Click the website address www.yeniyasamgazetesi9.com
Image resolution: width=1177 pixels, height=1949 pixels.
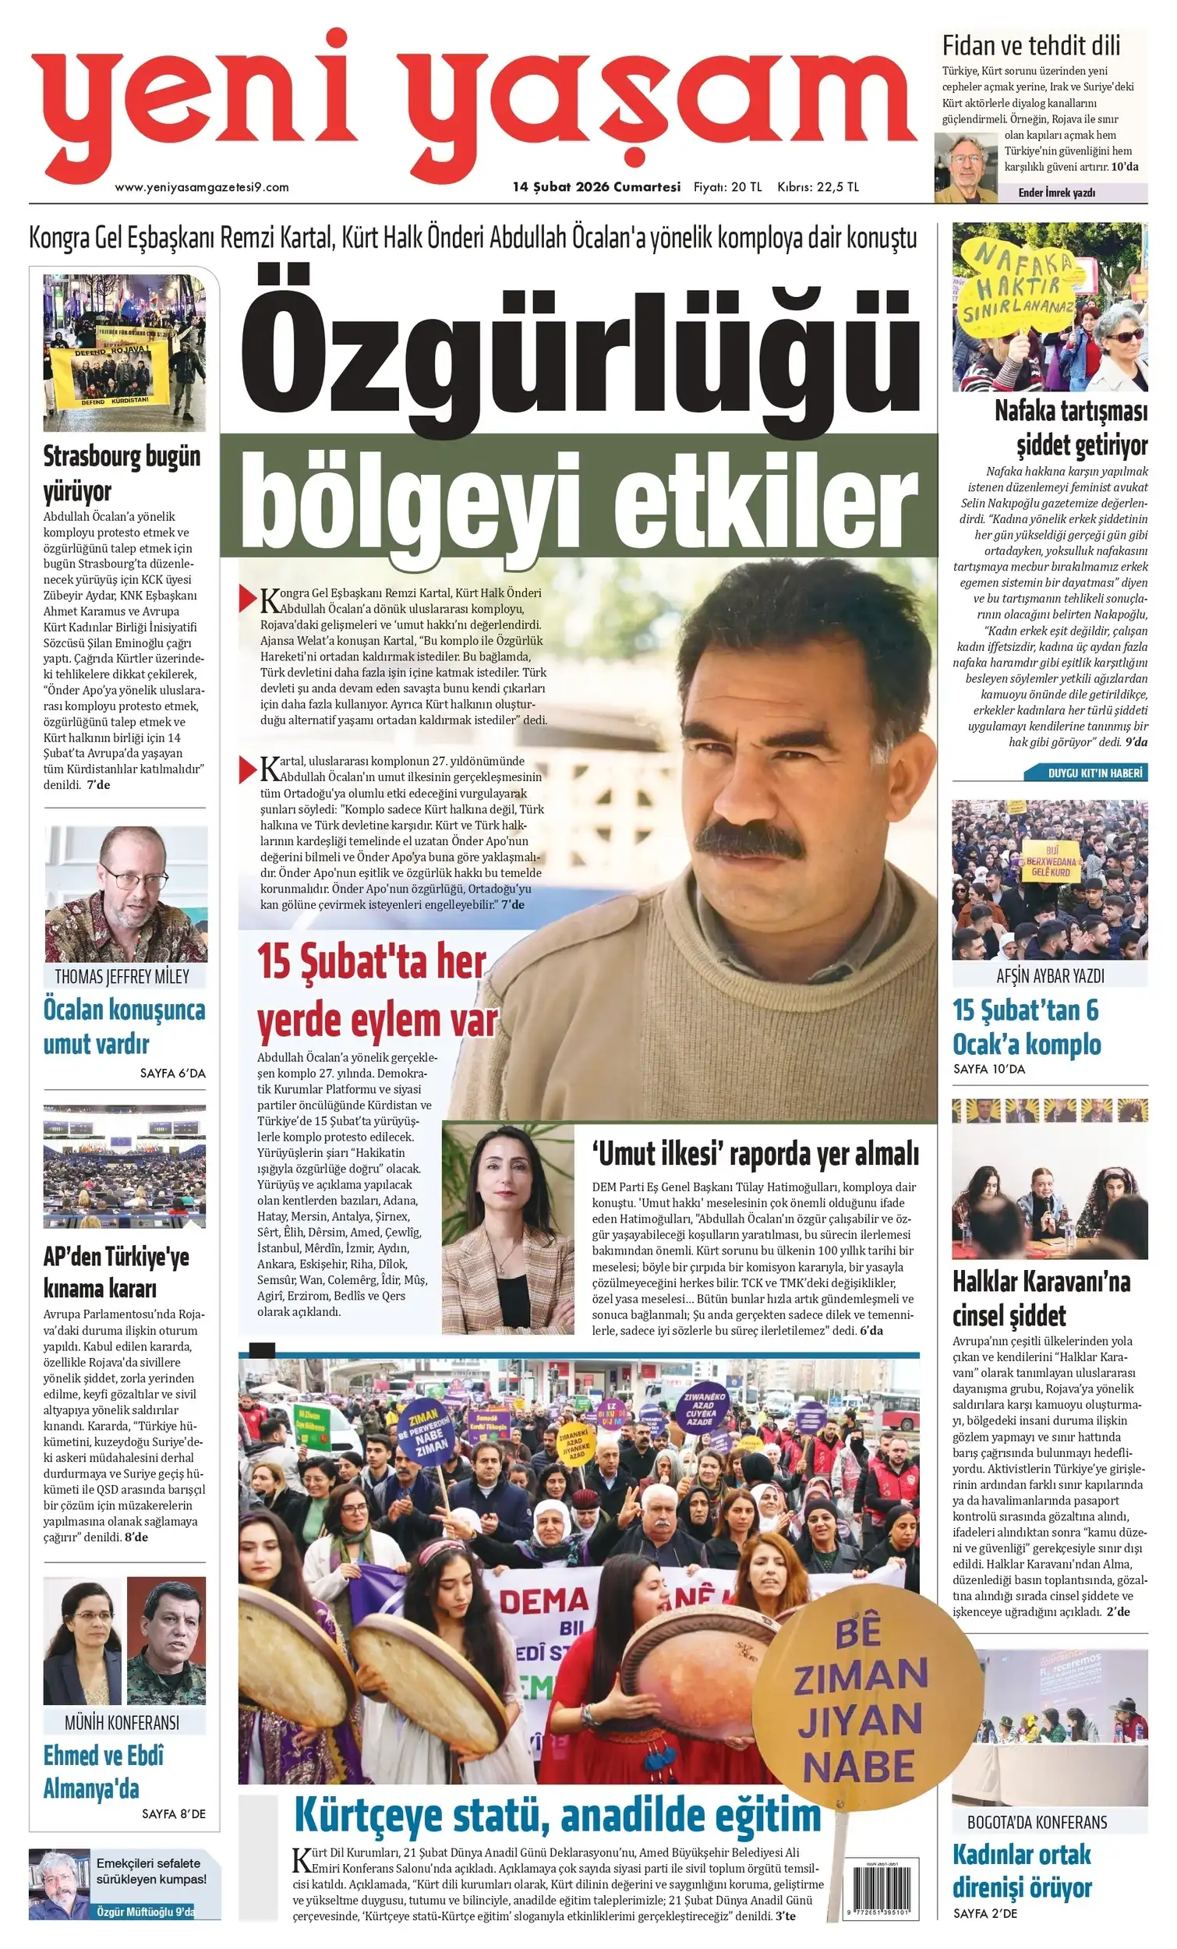[202, 187]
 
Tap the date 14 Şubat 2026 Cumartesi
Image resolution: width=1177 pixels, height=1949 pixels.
[596, 187]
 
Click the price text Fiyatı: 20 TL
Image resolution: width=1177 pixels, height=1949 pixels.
[727, 187]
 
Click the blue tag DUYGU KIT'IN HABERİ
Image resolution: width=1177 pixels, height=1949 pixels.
[1094, 773]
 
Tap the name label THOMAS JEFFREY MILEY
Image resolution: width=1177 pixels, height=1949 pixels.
[122, 976]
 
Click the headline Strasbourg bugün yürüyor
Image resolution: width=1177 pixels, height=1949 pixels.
[122, 473]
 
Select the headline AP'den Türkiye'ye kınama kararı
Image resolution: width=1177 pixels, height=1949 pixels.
[116, 1273]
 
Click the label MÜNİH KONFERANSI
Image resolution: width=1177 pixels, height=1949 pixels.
[122, 1722]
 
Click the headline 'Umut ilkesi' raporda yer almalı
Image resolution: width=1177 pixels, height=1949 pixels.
[755, 1155]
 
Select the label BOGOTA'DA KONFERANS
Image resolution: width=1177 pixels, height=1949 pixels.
[1037, 1822]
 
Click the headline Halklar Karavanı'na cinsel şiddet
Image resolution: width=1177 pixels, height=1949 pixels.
[1041, 1298]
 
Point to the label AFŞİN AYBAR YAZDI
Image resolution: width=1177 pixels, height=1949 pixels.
[1050, 976]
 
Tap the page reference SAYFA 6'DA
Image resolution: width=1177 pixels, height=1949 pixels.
[172, 1074]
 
